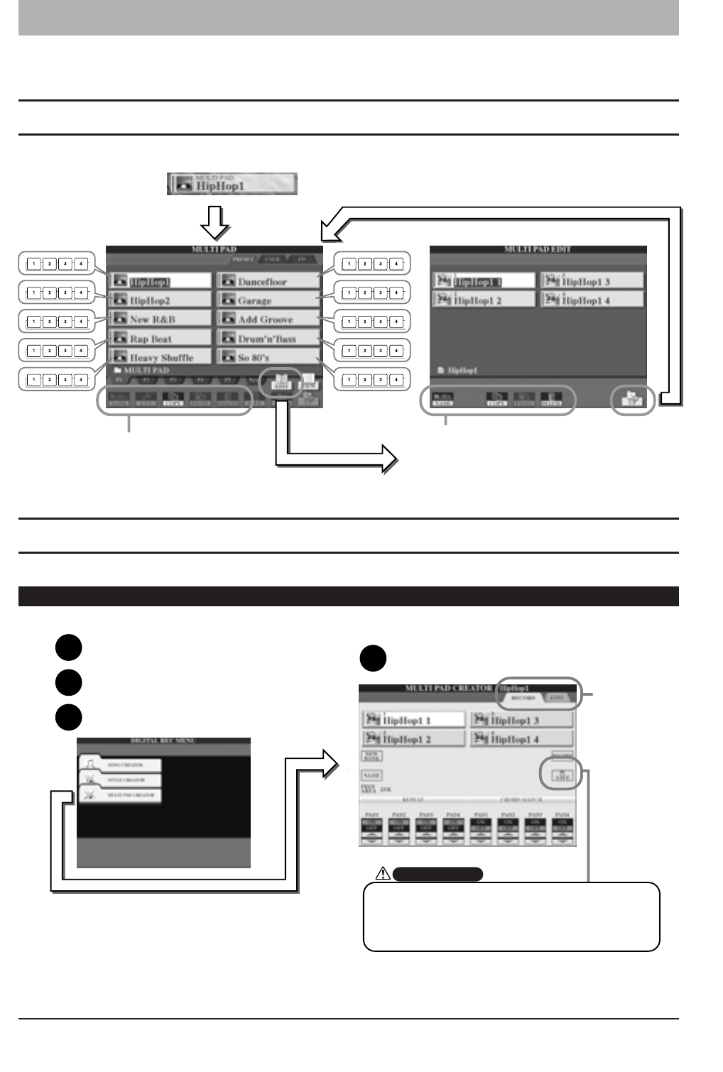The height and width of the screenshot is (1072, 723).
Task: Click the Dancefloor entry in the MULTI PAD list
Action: (x=268, y=281)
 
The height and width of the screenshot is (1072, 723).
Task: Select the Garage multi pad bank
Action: (x=268, y=300)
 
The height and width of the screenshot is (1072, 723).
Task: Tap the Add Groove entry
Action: (x=268, y=319)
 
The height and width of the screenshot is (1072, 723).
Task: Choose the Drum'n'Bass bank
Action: (x=268, y=339)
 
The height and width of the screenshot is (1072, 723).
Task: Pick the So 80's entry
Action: (x=268, y=357)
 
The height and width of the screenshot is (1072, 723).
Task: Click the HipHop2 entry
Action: (x=160, y=300)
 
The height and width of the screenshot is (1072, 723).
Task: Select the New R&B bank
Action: (x=160, y=319)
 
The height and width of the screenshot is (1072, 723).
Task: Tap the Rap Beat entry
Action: (x=160, y=339)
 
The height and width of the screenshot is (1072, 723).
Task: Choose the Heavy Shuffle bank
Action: (x=160, y=357)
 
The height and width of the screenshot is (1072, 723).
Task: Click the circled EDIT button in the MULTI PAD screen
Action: (x=281, y=382)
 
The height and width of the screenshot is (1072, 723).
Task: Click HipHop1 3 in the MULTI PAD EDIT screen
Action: (x=592, y=281)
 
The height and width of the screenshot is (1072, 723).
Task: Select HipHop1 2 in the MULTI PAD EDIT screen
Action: (x=483, y=300)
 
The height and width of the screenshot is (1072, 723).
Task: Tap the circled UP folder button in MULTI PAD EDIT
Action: (x=631, y=400)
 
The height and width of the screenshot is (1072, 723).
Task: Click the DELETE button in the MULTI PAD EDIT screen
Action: (x=550, y=400)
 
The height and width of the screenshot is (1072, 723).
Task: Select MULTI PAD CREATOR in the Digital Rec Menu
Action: (x=121, y=795)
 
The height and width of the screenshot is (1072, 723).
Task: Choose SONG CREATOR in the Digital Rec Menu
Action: (x=121, y=765)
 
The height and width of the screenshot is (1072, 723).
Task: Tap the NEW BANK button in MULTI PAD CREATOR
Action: (x=371, y=756)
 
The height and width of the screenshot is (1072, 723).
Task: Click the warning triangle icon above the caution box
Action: (x=383, y=873)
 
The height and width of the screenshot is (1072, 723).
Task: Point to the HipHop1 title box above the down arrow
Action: (x=232, y=184)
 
